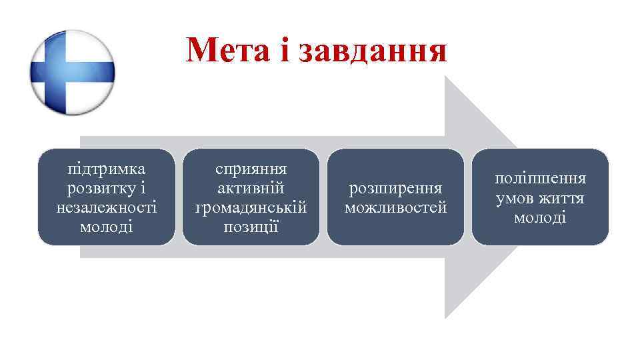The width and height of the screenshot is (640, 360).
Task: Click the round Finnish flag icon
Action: tap(73, 72)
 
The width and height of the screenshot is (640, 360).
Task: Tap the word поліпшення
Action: tap(541, 179)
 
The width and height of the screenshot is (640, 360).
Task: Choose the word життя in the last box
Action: tap(561, 198)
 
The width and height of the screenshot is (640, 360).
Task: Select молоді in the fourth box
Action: tap(541, 217)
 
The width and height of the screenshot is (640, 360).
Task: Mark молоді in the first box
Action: tap(107, 227)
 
